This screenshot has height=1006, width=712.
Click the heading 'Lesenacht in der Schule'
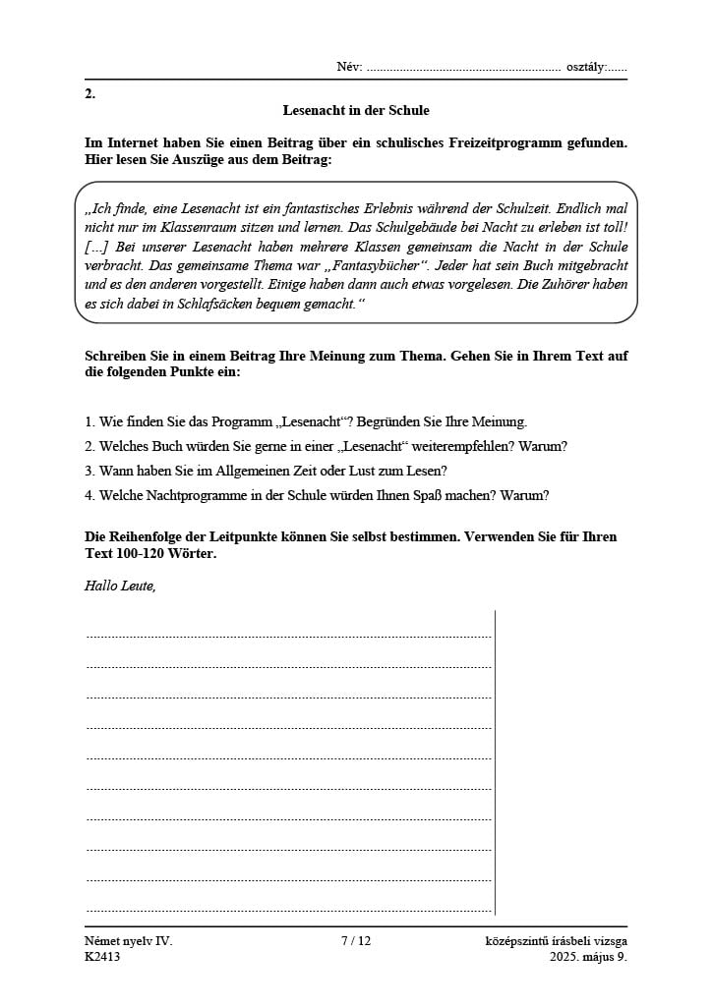[356, 111]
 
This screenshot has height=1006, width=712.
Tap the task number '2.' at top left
[90, 94]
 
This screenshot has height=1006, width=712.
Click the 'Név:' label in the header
[349, 67]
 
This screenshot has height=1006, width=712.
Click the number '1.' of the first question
[89, 421]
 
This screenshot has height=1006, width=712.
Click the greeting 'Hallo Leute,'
[121, 587]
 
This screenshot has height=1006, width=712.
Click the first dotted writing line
[288, 636]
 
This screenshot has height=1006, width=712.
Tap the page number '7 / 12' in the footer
[356, 940]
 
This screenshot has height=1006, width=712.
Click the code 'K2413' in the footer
[102, 956]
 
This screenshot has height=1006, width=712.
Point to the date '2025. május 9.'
[588, 956]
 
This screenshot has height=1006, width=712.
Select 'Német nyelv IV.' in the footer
[129, 940]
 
